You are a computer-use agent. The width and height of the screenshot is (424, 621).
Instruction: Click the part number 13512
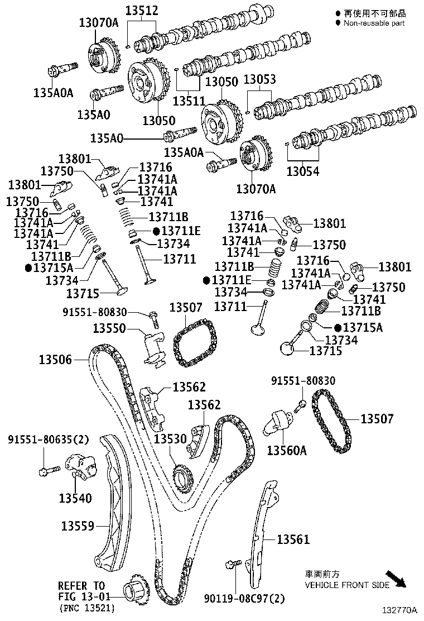click(x=141, y=10)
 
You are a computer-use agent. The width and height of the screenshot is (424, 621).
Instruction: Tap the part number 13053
click(x=259, y=80)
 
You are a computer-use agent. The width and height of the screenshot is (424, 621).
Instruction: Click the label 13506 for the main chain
click(x=55, y=360)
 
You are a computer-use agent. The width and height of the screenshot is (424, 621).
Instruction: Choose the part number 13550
click(x=109, y=328)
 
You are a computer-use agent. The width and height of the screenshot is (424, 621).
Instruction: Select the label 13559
click(x=78, y=526)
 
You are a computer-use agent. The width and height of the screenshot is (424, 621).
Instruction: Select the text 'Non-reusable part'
click(x=374, y=23)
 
